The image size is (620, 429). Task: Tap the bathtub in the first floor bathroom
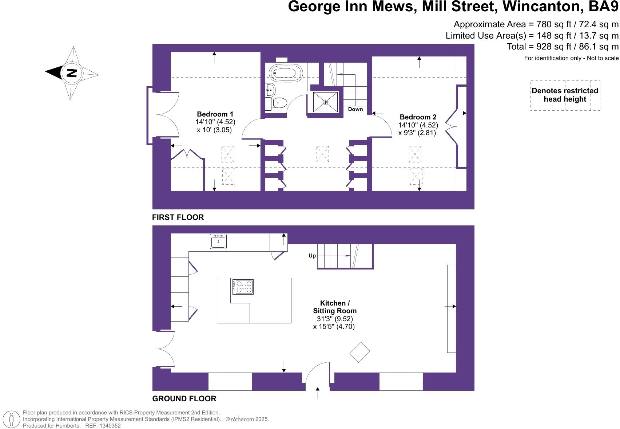coord(286,73)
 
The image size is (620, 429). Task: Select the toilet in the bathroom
coord(279,103)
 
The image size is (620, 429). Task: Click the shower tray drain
coord(325,102)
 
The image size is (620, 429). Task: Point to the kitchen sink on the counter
coord(218,241)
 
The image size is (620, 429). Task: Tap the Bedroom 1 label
coord(215,114)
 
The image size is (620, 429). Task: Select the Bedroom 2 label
coord(418,117)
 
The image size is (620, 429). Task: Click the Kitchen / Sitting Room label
coord(335,307)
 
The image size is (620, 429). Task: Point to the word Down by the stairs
coord(355,109)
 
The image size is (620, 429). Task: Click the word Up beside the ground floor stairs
coord(312,256)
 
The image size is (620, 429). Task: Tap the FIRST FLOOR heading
coord(178,217)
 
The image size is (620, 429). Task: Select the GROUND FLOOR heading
coord(184,399)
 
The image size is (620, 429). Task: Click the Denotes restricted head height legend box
coord(565,95)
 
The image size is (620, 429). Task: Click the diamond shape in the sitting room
coord(360,352)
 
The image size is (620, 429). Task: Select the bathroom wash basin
coord(270,89)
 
